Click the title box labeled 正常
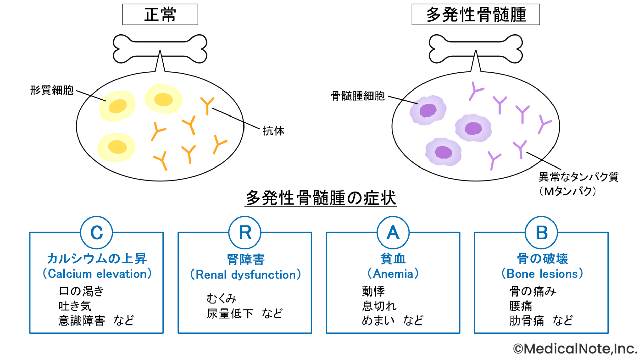click(160, 15)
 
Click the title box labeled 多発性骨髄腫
click(475, 15)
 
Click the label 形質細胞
click(52, 90)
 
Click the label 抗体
click(274, 131)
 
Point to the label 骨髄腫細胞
click(358, 96)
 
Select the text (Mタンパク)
click(567, 191)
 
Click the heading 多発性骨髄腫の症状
click(320, 198)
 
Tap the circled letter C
click(97, 233)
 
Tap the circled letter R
click(245, 233)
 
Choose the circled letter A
click(393, 233)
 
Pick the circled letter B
click(541, 233)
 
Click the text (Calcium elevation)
click(97, 274)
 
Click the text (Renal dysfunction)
click(246, 275)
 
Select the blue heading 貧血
click(393, 259)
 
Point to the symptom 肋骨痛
click(526, 320)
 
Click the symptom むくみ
click(222, 298)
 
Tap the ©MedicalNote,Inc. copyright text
click(575, 349)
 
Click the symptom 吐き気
click(75, 306)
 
